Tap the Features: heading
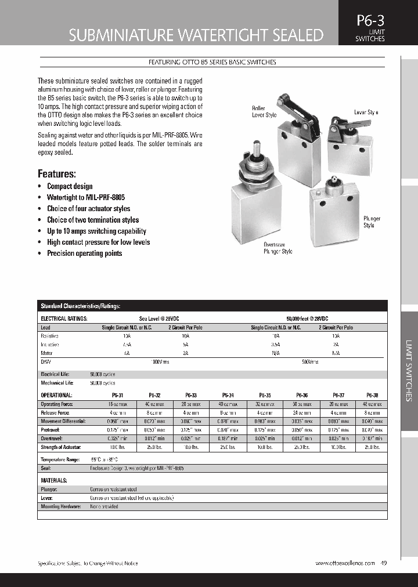(x=57, y=173)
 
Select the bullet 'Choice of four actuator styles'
(x=88, y=209)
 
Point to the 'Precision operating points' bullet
(x=84, y=253)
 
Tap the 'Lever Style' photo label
(x=366, y=112)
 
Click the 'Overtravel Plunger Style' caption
(x=278, y=248)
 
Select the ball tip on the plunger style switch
(x=333, y=183)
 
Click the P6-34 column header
(x=228, y=395)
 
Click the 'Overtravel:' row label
(x=52, y=439)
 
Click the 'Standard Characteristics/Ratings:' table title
(x=80, y=306)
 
